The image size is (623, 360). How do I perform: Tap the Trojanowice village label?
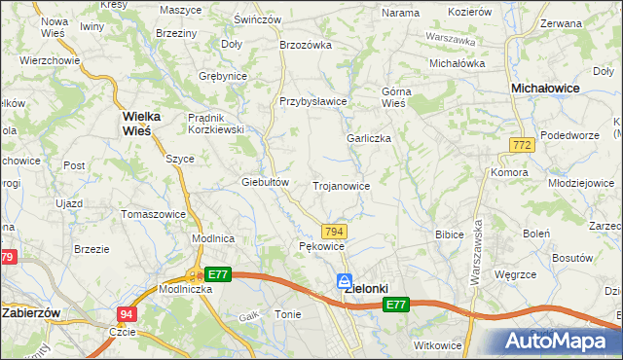(341, 185)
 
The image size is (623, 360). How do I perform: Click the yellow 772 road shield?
(521, 144)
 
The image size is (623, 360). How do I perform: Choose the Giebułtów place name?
(265, 182)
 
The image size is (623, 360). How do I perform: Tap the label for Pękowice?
(321, 247)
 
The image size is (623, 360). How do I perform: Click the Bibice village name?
(449, 234)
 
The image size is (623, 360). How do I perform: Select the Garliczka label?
(369, 138)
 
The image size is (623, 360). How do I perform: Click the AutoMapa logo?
(562, 342)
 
